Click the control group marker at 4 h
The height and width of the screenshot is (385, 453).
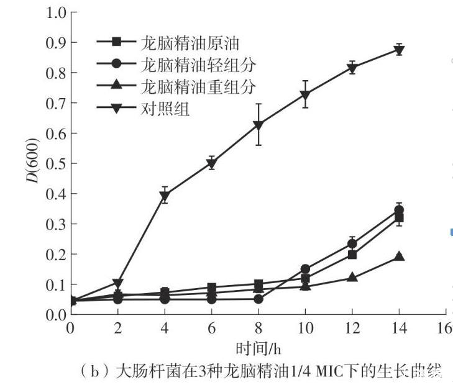pos(165,196)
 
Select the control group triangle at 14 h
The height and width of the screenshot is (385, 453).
pos(399,50)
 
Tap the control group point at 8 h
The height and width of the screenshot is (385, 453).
pos(259,125)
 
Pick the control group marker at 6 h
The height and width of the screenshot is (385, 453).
pos(212,163)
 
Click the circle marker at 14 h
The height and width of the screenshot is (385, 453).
pos(399,211)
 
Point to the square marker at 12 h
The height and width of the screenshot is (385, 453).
pos(352,254)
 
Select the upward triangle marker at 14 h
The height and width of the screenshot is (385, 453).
pos(399,256)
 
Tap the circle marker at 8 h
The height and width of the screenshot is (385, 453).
pos(259,299)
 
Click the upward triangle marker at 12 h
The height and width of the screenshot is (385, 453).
pos(352,277)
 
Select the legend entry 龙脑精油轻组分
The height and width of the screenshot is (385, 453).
pos(190,65)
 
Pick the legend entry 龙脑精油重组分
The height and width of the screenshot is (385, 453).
pos(190,86)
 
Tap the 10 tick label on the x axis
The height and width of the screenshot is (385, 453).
pos(305,327)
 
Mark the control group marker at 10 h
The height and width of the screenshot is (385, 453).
pos(305,94)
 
